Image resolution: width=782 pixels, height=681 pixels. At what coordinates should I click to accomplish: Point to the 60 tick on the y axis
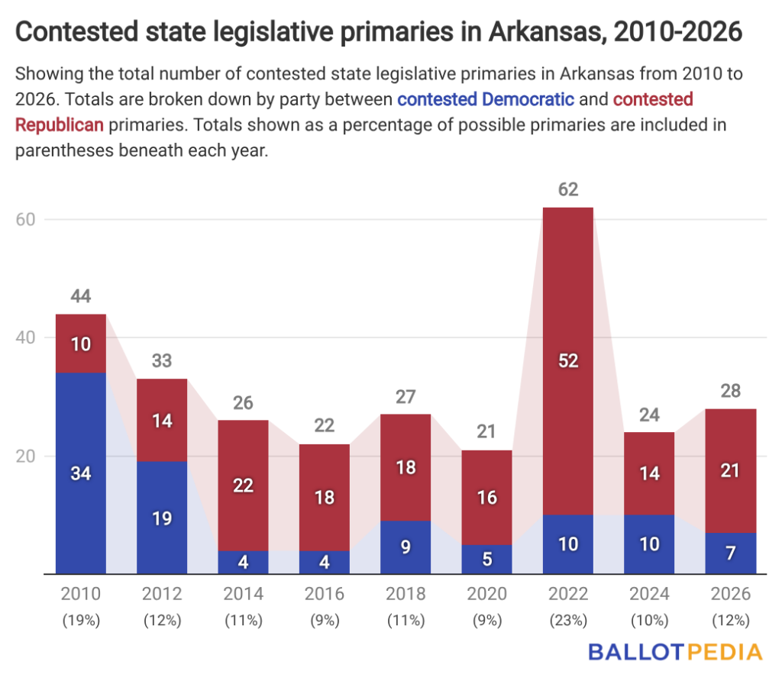click(x=27, y=219)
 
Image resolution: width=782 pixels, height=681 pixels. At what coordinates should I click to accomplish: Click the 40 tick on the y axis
click(x=27, y=337)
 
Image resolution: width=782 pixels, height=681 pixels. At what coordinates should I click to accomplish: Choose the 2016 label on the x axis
click(x=325, y=594)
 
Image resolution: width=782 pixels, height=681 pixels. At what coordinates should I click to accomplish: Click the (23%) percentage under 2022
click(x=567, y=621)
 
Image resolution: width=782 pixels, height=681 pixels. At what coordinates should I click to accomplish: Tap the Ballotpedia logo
click(x=675, y=652)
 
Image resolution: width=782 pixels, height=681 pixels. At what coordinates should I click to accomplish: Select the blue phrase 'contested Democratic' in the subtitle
click(x=486, y=98)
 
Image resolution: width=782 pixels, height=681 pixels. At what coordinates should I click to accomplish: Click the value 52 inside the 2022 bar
click(x=567, y=361)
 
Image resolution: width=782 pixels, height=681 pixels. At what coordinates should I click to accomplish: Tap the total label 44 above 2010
click(x=81, y=297)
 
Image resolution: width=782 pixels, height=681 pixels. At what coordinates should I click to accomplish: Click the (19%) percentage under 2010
click(x=81, y=621)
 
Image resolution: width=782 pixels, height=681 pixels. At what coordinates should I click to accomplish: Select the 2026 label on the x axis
click(x=730, y=594)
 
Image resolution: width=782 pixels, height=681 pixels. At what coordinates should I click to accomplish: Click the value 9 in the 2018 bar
click(x=406, y=546)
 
